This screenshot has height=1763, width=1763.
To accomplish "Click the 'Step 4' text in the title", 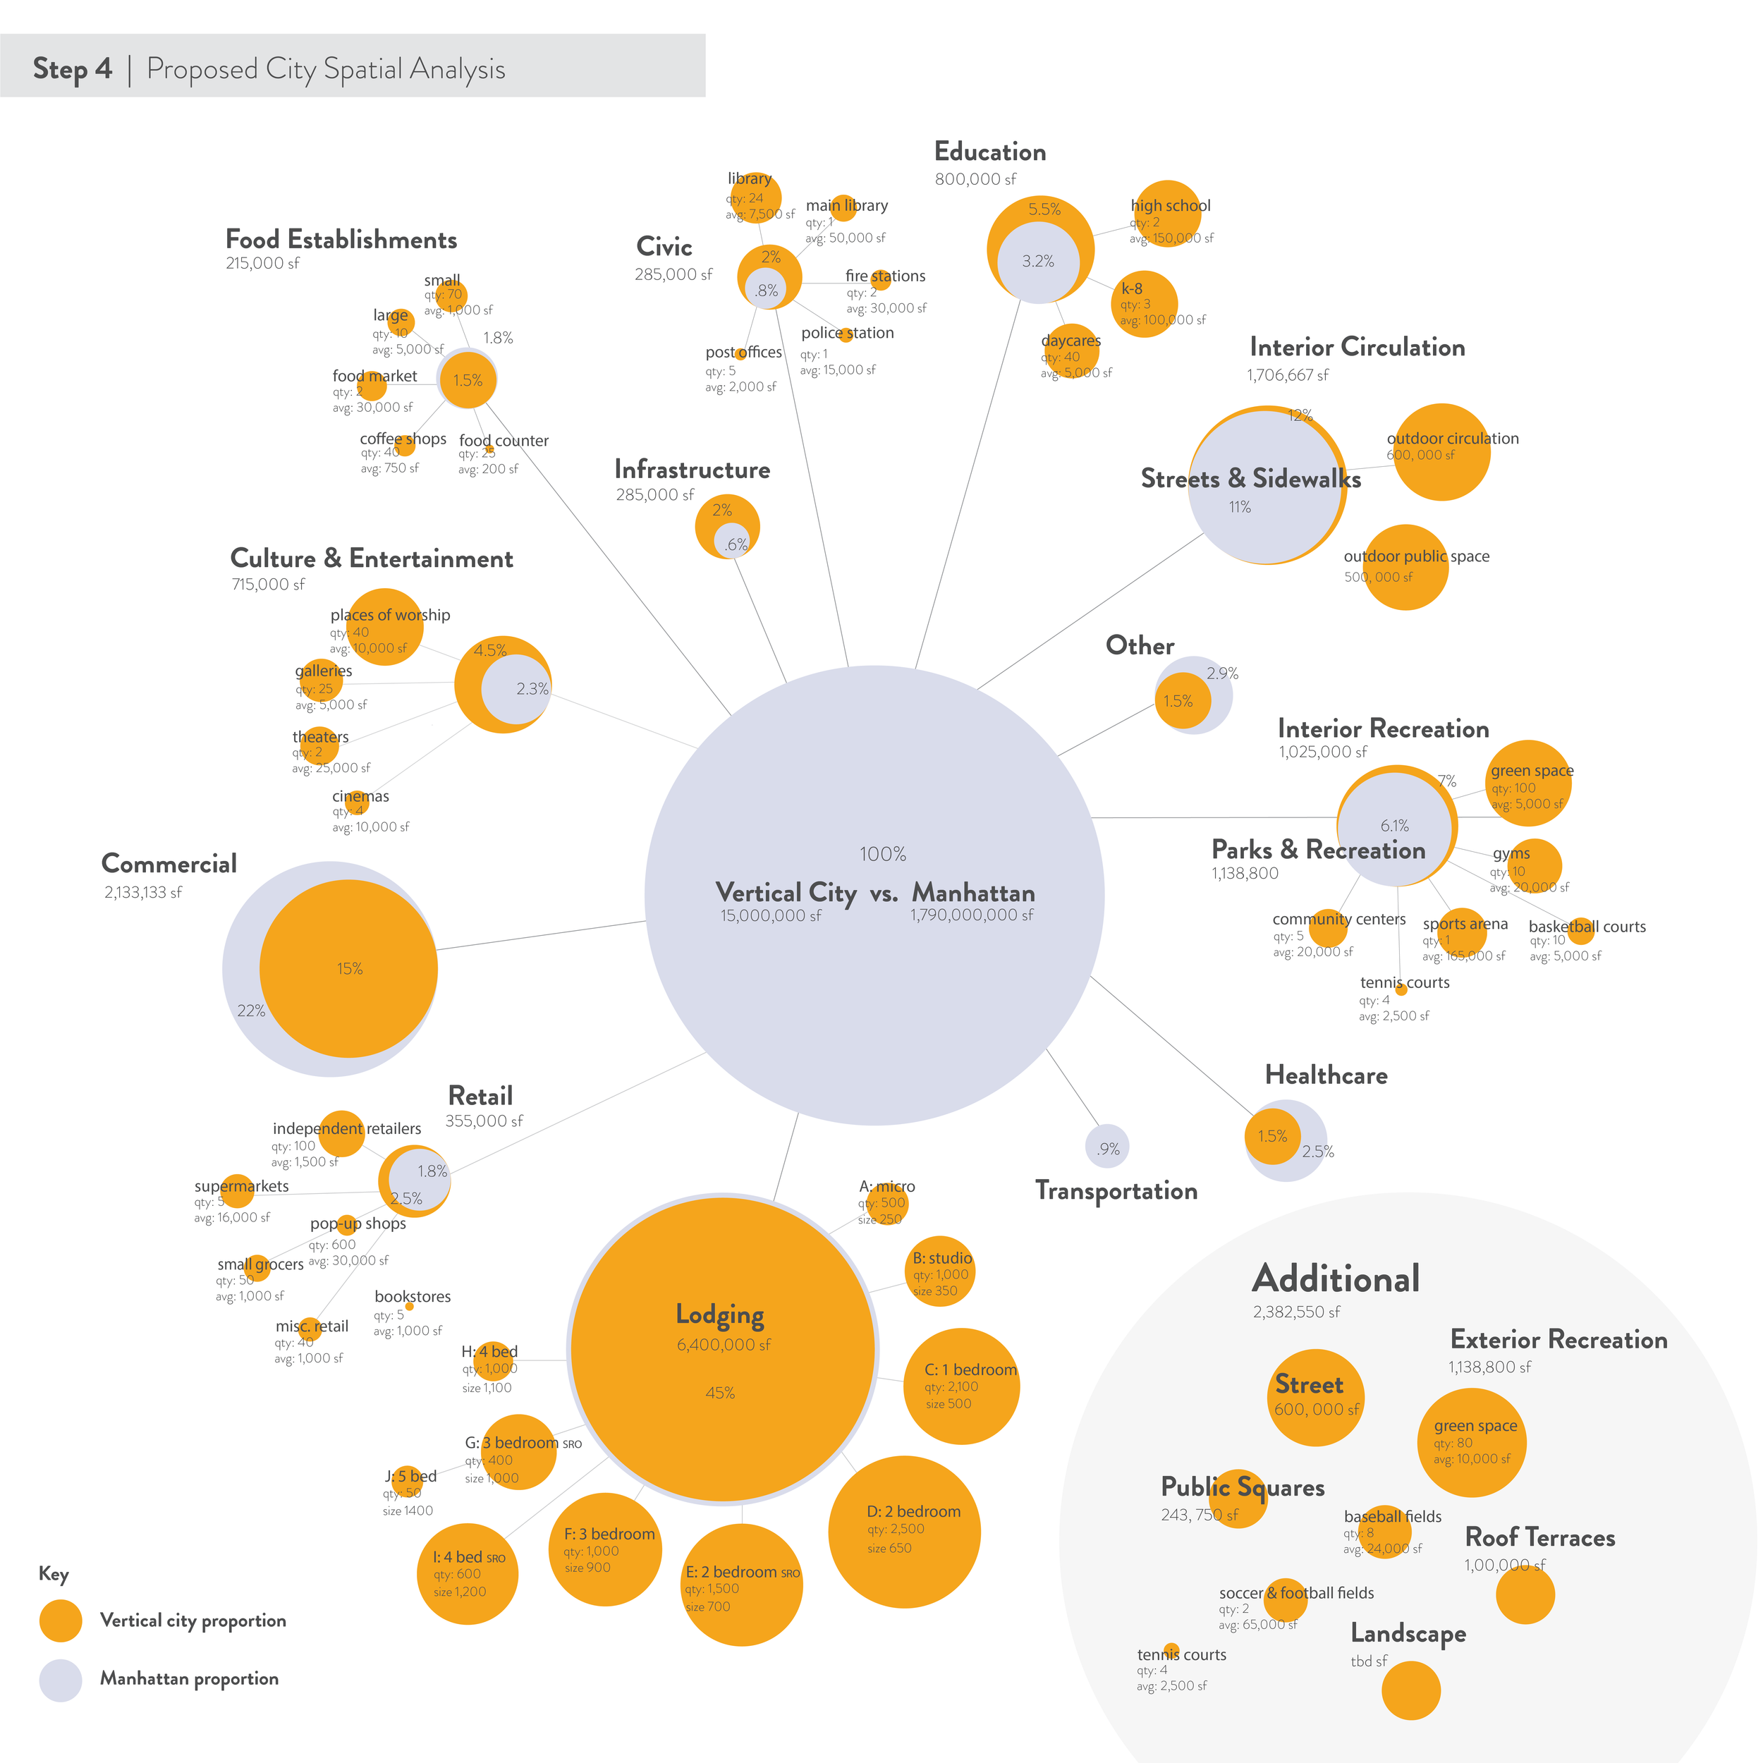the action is click(72, 68).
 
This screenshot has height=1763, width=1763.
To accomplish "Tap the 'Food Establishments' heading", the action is click(341, 240).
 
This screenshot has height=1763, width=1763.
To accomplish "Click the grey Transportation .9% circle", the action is click(1107, 1147).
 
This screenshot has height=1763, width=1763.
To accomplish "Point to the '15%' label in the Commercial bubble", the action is click(350, 968).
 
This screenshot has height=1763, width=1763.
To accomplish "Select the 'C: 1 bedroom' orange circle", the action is click(961, 1386).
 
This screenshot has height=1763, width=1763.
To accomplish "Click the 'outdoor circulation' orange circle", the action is click(1442, 452).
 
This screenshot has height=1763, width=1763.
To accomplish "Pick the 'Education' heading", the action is click(990, 152).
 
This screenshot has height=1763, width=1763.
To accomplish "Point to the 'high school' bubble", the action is click(1167, 214).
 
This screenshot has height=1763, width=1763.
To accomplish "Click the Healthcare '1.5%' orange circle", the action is click(1272, 1136).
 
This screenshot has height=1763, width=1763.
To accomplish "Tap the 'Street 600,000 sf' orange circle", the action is click(1316, 1397).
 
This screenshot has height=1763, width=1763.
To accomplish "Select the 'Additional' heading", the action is click(1336, 1279).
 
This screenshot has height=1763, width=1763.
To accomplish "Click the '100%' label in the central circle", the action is click(882, 854).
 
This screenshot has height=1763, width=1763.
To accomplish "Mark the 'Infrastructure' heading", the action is click(692, 470).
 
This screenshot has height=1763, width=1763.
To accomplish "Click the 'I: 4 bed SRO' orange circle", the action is click(468, 1574).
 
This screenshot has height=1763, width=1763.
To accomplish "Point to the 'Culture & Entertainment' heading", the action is click(372, 559).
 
